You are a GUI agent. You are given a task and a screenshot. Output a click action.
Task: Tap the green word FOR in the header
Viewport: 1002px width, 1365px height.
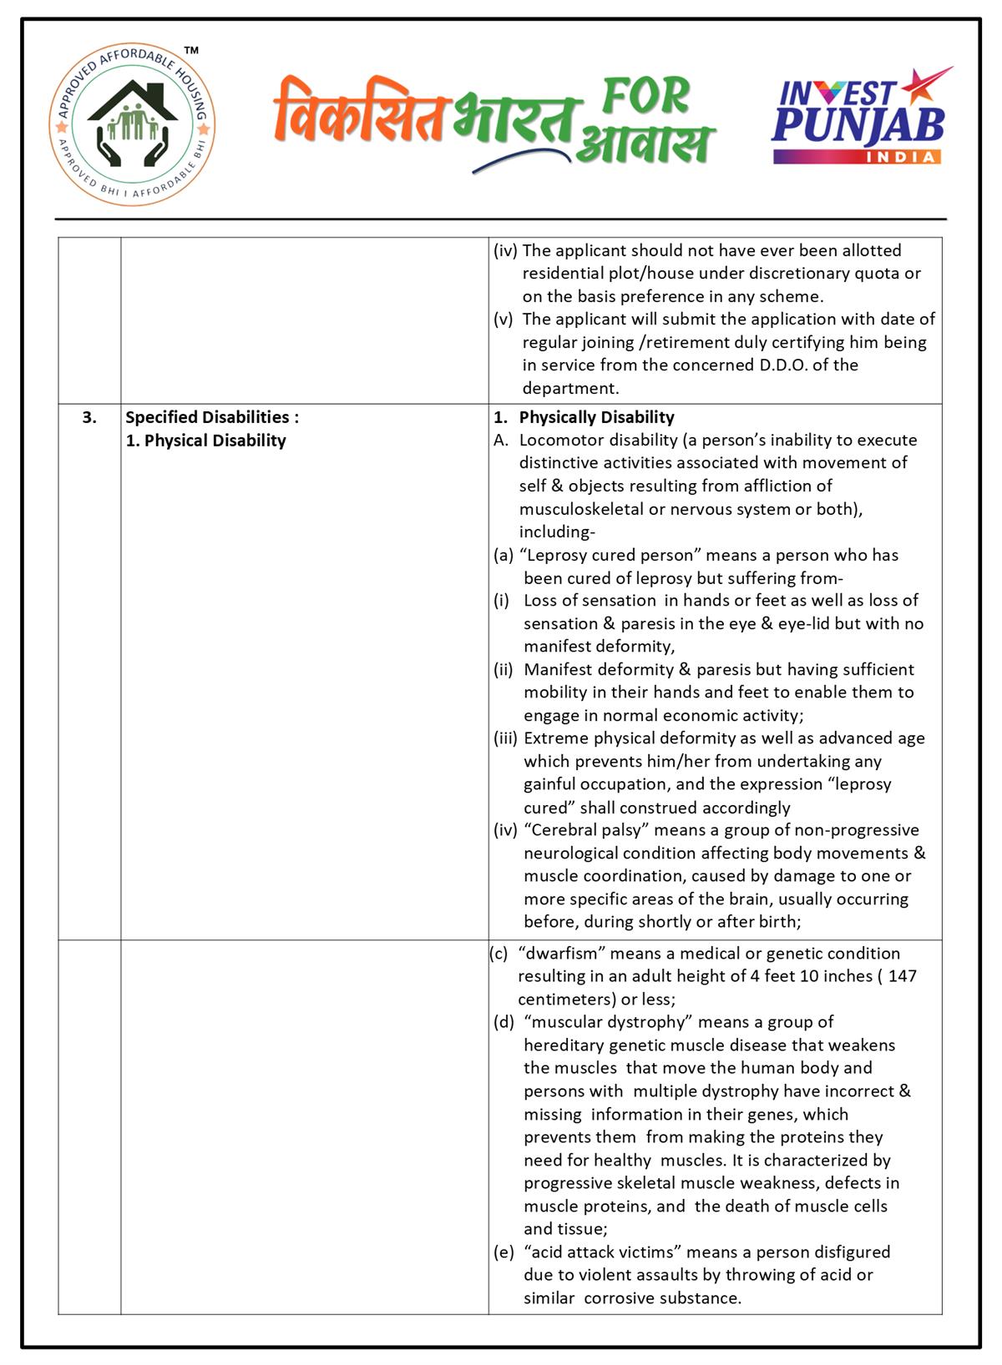tap(647, 96)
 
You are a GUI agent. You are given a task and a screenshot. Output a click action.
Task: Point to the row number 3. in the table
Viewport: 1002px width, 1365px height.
tap(89, 417)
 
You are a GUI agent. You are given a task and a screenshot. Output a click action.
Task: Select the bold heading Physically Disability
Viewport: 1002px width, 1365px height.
tap(596, 417)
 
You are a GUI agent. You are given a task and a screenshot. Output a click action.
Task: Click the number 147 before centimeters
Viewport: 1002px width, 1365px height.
tap(902, 976)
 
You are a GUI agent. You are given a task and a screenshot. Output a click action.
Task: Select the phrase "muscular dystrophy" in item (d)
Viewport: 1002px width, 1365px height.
tap(610, 1022)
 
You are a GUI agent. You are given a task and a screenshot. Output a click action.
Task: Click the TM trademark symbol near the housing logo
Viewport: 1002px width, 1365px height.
tap(191, 52)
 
